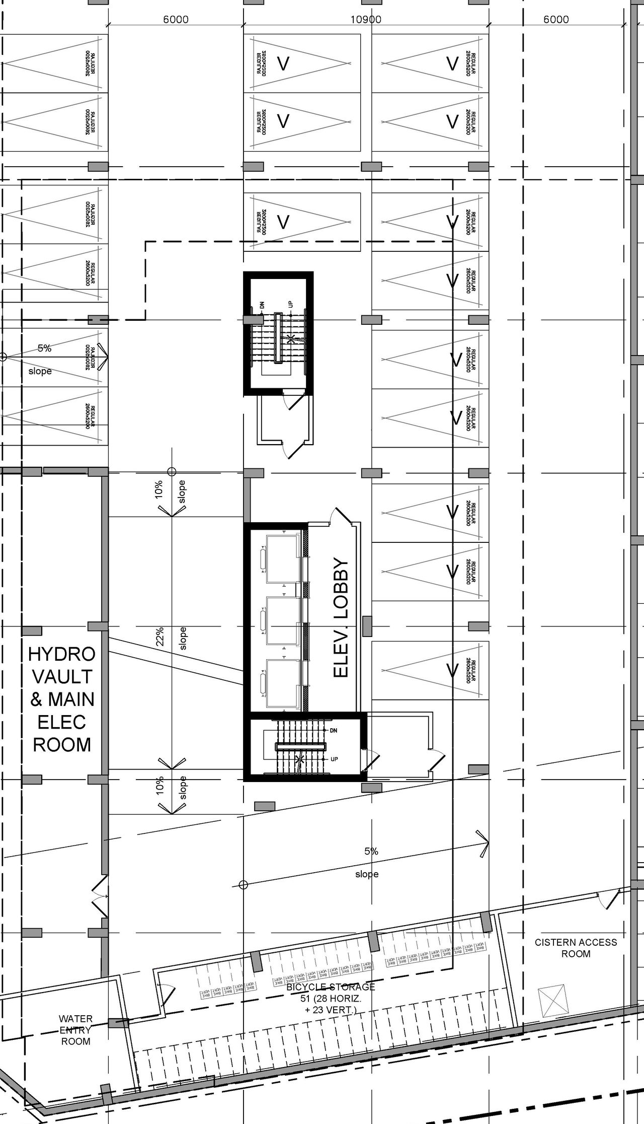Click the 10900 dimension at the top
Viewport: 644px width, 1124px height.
point(366,20)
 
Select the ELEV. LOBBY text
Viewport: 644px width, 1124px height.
point(341,617)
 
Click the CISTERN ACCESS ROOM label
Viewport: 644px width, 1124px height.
point(576,948)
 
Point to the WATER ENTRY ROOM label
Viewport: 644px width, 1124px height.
point(75,1030)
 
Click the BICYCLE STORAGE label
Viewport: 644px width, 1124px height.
point(331,987)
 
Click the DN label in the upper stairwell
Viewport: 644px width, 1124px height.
point(262,305)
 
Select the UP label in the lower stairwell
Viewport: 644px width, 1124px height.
point(334,759)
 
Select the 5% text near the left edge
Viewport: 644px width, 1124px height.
point(44,348)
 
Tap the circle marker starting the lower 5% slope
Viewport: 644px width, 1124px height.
point(243,885)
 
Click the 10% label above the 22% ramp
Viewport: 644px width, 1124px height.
point(159,489)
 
